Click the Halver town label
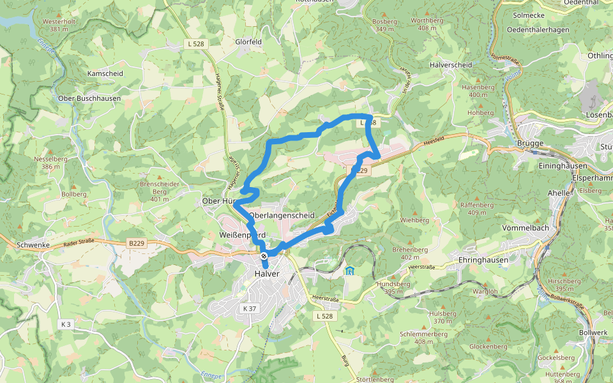[x=262, y=274]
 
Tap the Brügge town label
[x=530, y=143]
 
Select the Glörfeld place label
[x=248, y=41]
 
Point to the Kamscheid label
[x=105, y=73]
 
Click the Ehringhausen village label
[x=483, y=260]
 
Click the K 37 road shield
[x=250, y=308]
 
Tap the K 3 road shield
[x=65, y=324]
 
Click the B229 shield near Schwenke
[x=135, y=243]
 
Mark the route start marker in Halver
[x=264, y=256]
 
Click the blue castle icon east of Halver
[x=349, y=271]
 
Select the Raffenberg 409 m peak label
[x=477, y=209]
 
